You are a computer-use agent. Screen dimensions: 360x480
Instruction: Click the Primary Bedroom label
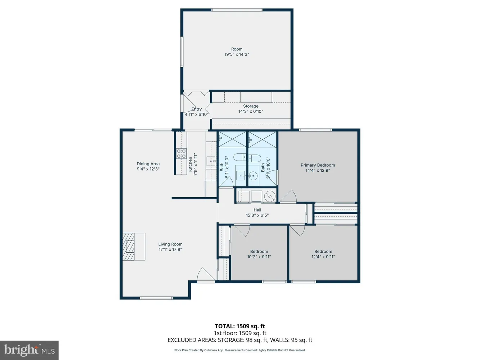coord(318,165)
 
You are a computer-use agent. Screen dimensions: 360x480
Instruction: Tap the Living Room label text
coord(170,244)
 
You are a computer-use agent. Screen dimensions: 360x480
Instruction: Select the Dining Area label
coord(148,164)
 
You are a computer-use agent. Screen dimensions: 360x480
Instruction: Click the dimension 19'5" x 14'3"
coord(237,54)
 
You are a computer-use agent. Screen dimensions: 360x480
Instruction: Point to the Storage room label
coord(251,106)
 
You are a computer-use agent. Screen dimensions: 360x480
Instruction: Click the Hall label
coord(257,210)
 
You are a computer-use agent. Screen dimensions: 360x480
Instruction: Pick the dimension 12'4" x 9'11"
coord(323,257)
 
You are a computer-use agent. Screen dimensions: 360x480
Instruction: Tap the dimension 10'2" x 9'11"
coord(259,257)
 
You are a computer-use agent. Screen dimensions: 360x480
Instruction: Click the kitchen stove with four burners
coord(181,154)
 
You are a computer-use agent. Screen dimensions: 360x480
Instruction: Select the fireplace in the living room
coord(128,247)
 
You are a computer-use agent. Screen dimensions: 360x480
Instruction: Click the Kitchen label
coord(190,164)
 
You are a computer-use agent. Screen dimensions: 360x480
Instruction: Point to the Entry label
coord(197,109)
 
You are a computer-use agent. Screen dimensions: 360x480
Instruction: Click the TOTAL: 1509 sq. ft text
coord(240,327)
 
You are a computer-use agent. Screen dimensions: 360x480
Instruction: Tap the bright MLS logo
coord(29,350)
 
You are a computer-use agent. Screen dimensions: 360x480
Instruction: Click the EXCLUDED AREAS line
coord(240,340)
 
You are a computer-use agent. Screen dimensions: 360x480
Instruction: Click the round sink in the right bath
coord(254,176)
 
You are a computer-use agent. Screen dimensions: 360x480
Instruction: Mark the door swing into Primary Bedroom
coord(288,197)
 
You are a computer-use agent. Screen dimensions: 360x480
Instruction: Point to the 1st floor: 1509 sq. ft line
coord(240,333)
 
